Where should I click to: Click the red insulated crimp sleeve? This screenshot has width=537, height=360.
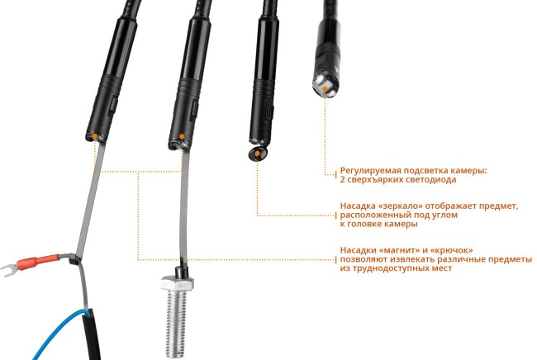[38, 262]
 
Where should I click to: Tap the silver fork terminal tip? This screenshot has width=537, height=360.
[7, 269]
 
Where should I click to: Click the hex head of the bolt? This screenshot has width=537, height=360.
[178, 283]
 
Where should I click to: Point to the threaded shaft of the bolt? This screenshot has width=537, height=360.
[177, 324]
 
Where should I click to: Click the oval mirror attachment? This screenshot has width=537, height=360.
[258, 154]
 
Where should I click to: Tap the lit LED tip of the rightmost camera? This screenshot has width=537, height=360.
[325, 87]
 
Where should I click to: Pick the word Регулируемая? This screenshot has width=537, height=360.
[371, 171]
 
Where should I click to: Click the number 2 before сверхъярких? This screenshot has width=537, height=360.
[343, 179]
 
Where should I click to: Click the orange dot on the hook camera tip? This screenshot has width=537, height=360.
[95, 136]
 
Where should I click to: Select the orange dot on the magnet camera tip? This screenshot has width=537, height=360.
[182, 137]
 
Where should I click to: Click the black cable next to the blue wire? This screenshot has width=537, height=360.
[92, 334]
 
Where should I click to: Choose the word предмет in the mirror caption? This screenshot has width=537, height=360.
[499, 206]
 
